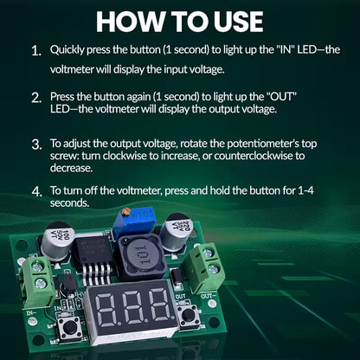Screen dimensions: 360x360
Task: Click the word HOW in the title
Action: click(131, 21)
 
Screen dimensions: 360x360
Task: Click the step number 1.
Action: click(35, 52)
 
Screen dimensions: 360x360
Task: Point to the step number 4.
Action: click(35, 190)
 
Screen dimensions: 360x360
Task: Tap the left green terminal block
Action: click(41, 272)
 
